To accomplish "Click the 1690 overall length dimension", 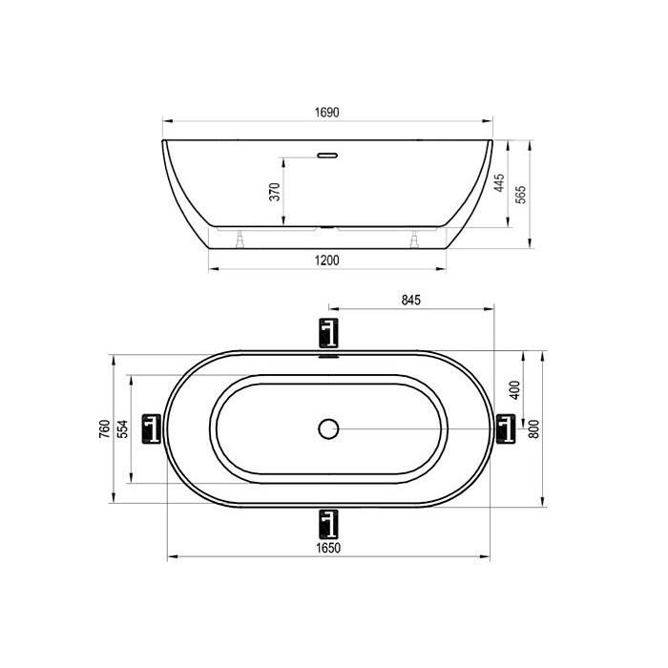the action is pyautogui.click(x=326, y=113).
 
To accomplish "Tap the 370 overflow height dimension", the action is pyautogui.click(x=275, y=192).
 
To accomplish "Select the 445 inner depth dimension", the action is pyautogui.click(x=499, y=183).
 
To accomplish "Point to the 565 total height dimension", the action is pyautogui.click(x=521, y=195).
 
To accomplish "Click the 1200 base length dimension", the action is pyautogui.click(x=326, y=261).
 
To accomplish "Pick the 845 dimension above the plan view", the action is pyautogui.click(x=410, y=301).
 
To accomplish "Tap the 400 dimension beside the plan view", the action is pyautogui.click(x=515, y=389).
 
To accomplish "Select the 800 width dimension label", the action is pyautogui.click(x=533, y=429).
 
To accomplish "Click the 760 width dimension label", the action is pyautogui.click(x=105, y=429).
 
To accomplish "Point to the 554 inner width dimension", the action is pyautogui.click(x=123, y=429).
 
